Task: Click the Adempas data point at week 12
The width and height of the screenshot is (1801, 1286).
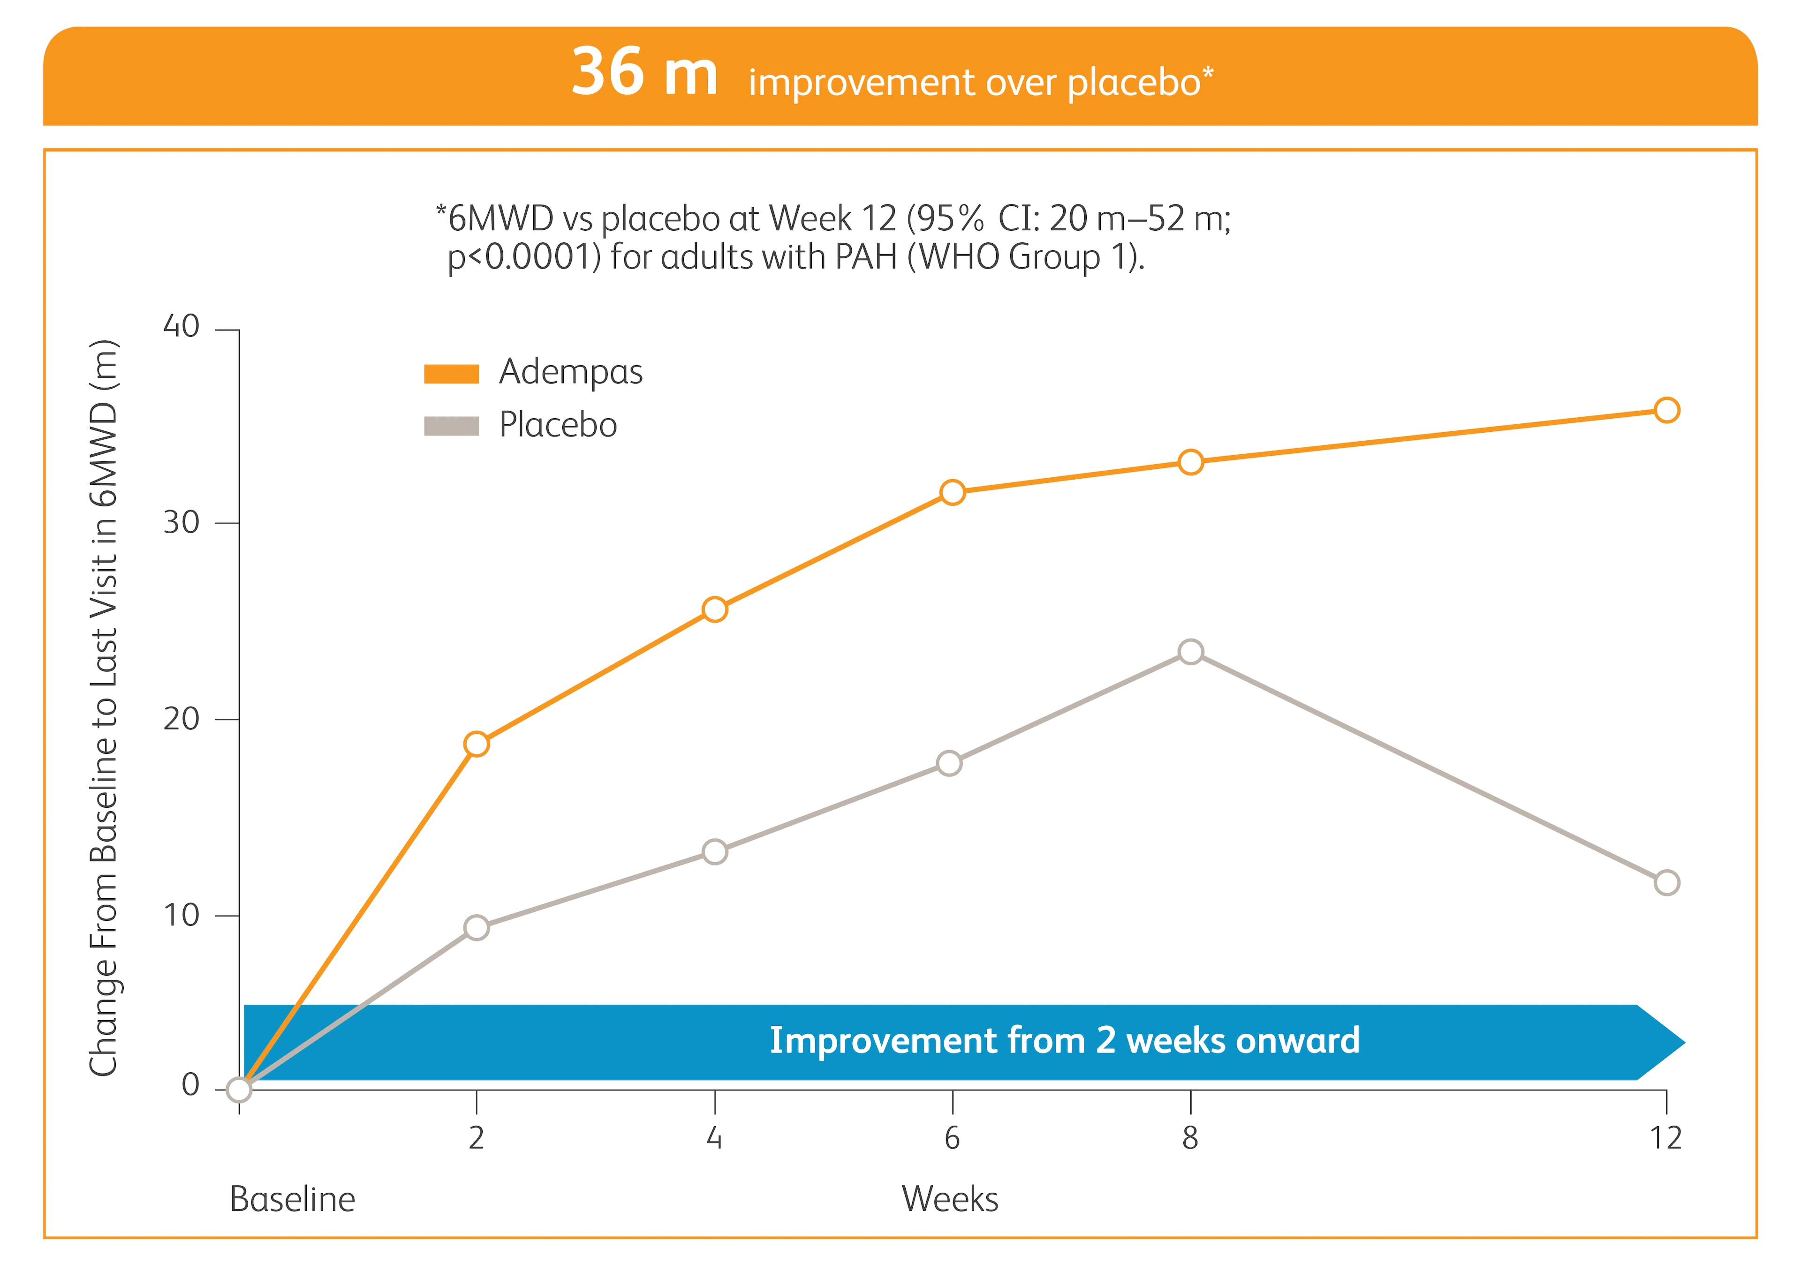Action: pyautogui.click(x=1666, y=410)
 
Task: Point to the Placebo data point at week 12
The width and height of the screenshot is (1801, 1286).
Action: pyautogui.click(x=1666, y=882)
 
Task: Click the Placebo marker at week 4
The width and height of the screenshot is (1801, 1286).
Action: pyautogui.click(x=714, y=852)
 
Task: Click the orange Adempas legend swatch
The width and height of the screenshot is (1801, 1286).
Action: pyautogui.click(x=452, y=373)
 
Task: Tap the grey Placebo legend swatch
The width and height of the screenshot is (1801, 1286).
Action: pyautogui.click(x=452, y=426)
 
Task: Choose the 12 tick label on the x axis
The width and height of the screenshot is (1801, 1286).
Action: pyautogui.click(x=1665, y=1138)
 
